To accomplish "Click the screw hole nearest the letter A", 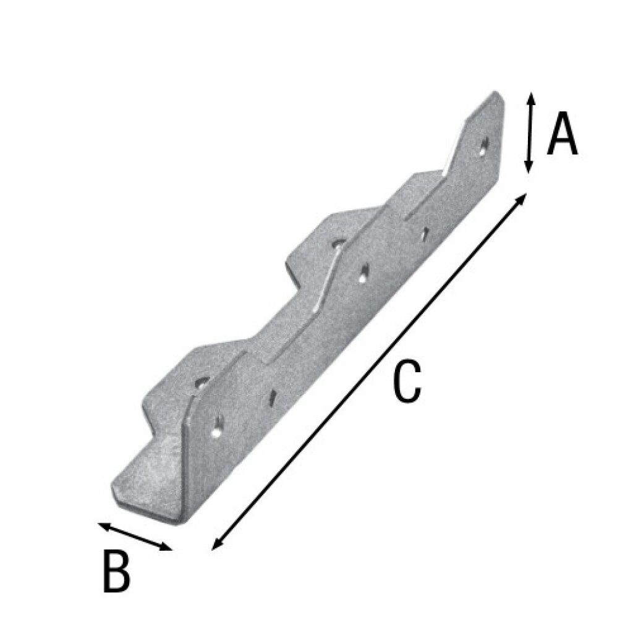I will point(484,146).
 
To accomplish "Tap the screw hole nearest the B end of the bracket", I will point(216,426).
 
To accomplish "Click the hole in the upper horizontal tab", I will point(338,243).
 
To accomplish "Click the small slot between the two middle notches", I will point(363,273).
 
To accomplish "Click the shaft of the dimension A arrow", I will point(529,133).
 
